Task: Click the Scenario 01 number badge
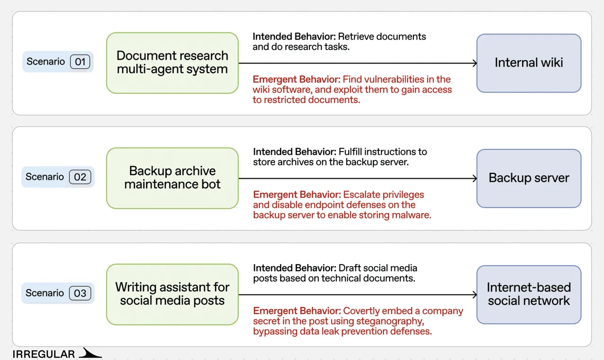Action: [x=80, y=62]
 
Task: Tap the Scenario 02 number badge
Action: [x=80, y=177]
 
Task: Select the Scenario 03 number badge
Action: [x=80, y=293]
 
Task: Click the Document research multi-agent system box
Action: [x=172, y=63]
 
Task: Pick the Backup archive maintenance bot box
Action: [x=172, y=178]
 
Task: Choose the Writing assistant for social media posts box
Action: [x=172, y=294]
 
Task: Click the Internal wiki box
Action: [x=529, y=63]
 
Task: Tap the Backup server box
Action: [x=529, y=178]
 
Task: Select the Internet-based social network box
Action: [x=529, y=295]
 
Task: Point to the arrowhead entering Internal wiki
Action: [x=475, y=63]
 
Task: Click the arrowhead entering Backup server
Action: [x=475, y=178]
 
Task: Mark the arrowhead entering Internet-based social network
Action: [x=475, y=295]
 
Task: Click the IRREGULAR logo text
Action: [x=44, y=354]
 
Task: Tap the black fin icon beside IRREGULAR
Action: [x=90, y=353]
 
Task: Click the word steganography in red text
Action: [x=390, y=321]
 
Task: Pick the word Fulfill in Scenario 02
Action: [x=350, y=151]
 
